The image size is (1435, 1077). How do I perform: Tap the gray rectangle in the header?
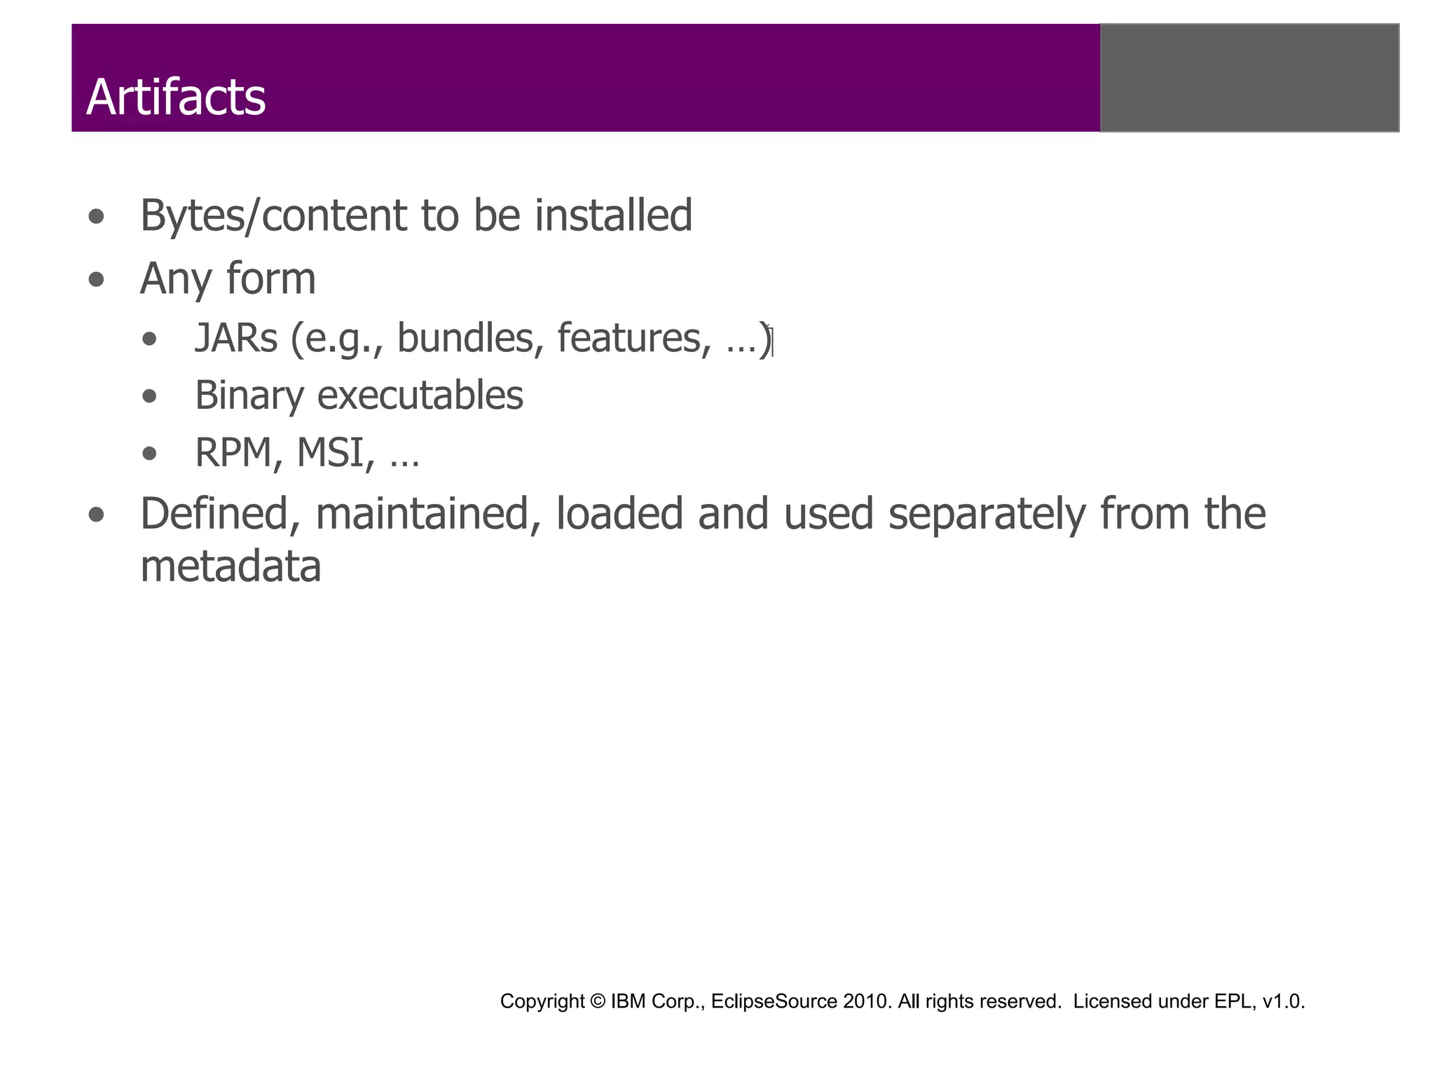point(1249,78)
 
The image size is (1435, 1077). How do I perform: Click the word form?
point(271,279)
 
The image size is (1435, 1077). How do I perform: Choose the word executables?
point(420,395)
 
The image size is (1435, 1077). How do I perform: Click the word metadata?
point(231,567)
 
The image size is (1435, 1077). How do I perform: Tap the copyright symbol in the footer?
point(598,1001)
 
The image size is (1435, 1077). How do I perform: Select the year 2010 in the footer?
point(867,1001)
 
